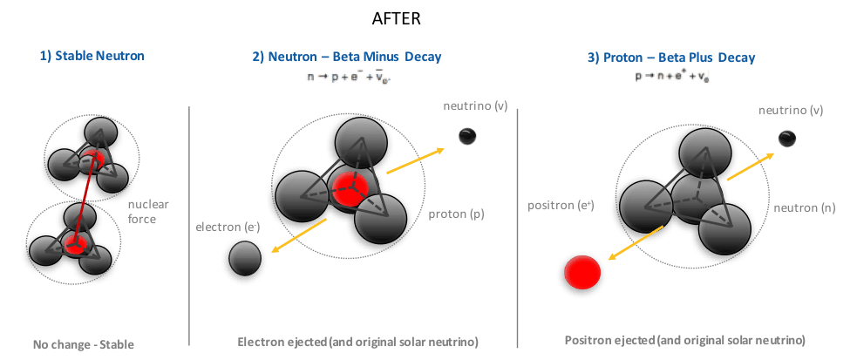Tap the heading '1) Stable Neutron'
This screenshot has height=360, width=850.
(91, 57)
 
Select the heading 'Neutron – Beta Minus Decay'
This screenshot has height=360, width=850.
(347, 58)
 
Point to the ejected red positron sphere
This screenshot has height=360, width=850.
(581, 274)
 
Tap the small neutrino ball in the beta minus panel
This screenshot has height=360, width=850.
(467, 135)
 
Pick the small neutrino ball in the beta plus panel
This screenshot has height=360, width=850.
(786, 138)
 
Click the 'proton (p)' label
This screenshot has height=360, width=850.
(463, 214)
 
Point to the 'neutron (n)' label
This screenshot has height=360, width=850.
(803, 208)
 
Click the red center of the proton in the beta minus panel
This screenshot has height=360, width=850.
(349, 189)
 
